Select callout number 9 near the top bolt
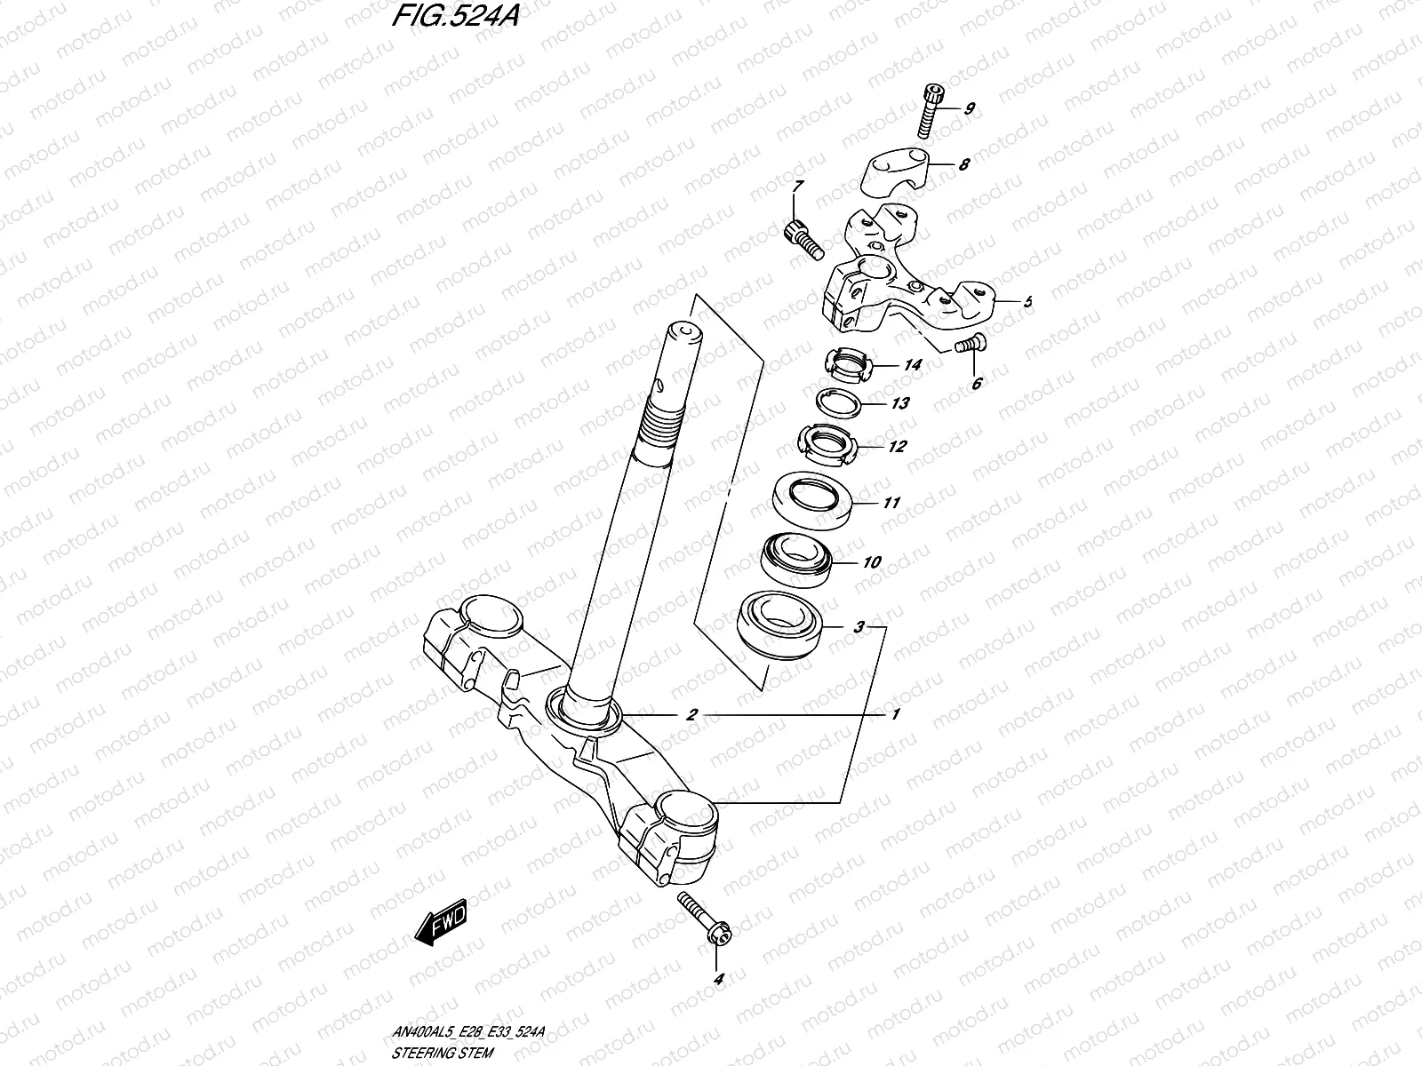tap(969, 109)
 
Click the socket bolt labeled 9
tap(929, 110)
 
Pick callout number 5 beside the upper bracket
tap(1027, 302)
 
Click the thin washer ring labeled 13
tap(840, 402)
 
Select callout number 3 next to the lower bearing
tap(858, 628)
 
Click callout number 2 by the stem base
tap(691, 714)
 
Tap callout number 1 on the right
tap(897, 714)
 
